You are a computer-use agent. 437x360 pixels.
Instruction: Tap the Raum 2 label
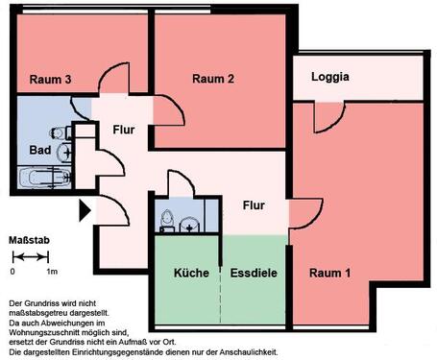(213, 79)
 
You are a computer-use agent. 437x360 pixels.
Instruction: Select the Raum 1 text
(329, 275)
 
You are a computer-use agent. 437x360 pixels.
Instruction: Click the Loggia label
(329, 78)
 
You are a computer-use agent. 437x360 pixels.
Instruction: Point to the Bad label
(39, 151)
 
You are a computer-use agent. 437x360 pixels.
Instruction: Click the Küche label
(191, 274)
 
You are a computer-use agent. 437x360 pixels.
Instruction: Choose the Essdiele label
(254, 274)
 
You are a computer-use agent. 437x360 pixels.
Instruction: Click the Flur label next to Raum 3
(125, 130)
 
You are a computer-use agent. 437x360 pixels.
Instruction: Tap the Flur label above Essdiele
(255, 205)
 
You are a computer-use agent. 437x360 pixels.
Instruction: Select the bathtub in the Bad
(44, 178)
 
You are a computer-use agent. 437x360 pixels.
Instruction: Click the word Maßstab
(29, 238)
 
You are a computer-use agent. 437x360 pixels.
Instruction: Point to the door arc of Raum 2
(171, 113)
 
